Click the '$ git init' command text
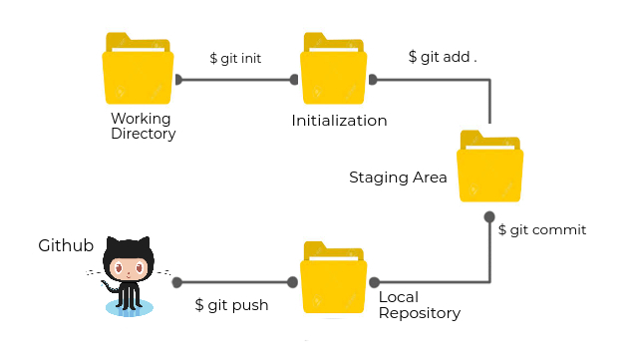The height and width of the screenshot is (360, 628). (x=235, y=59)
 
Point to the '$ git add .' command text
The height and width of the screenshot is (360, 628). (x=443, y=57)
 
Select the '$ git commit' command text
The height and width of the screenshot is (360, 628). (x=541, y=229)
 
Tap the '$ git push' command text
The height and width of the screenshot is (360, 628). (x=231, y=305)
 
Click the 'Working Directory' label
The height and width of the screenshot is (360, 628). (x=143, y=126)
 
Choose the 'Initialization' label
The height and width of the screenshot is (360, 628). (x=339, y=121)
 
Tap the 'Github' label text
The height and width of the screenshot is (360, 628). (x=66, y=245)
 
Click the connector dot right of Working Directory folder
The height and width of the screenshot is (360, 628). (x=178, y=80)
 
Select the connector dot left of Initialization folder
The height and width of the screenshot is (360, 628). (x=294, y=80)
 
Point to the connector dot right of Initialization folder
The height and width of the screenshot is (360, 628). (x=373, y=80)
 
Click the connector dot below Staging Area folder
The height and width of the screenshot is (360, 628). (x=489, y=216)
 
